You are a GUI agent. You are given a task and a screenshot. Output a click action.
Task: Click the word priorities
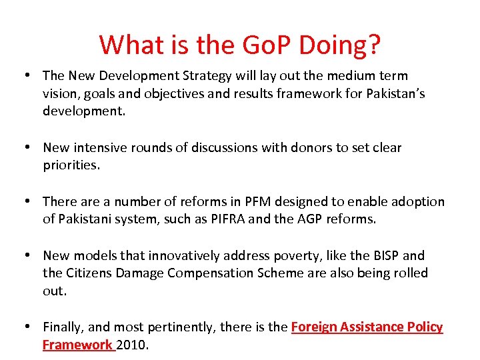click(x=71, y=165)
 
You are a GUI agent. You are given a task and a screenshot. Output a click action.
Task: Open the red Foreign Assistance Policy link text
click(x=367, y=327)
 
